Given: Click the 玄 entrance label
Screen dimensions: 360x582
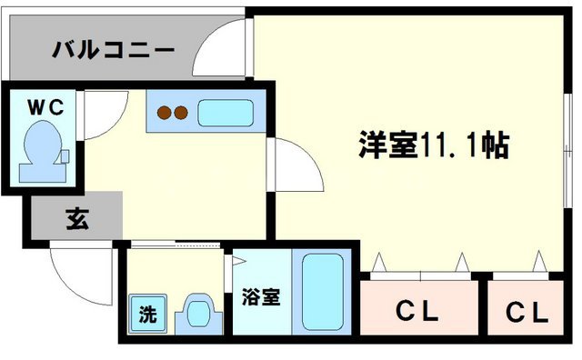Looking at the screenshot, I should (76, 218).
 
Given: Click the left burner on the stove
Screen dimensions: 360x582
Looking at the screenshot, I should (166, 114).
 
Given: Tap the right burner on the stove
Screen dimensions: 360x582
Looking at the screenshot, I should (182, 114).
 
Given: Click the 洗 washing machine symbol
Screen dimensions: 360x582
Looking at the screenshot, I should (146, 315).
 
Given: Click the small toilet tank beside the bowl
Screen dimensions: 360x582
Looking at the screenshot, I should (64, 156).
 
